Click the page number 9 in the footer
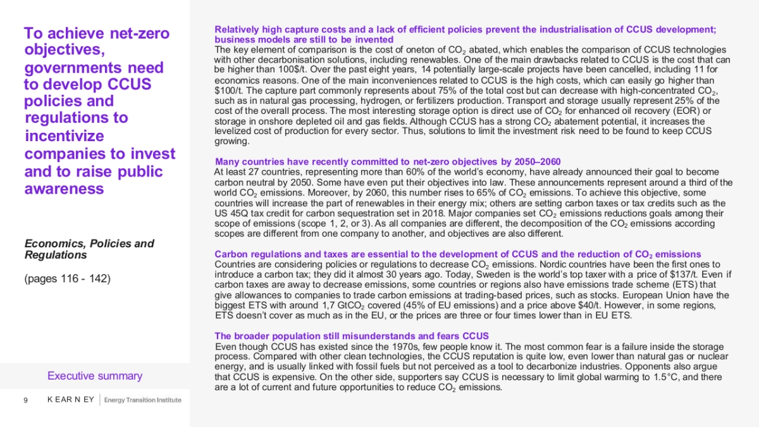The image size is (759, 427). (25, 400)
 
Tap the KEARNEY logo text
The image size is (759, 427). (70, 400)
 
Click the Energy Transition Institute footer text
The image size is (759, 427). (142, 400)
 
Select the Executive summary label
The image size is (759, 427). (95, 376)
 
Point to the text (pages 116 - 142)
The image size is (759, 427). (67, 278)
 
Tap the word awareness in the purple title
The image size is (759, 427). (64, 189)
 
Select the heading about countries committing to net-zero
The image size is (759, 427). (387, 161)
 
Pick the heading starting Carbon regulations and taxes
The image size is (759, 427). (457, 254)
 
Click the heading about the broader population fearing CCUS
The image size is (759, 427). (352, 336)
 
